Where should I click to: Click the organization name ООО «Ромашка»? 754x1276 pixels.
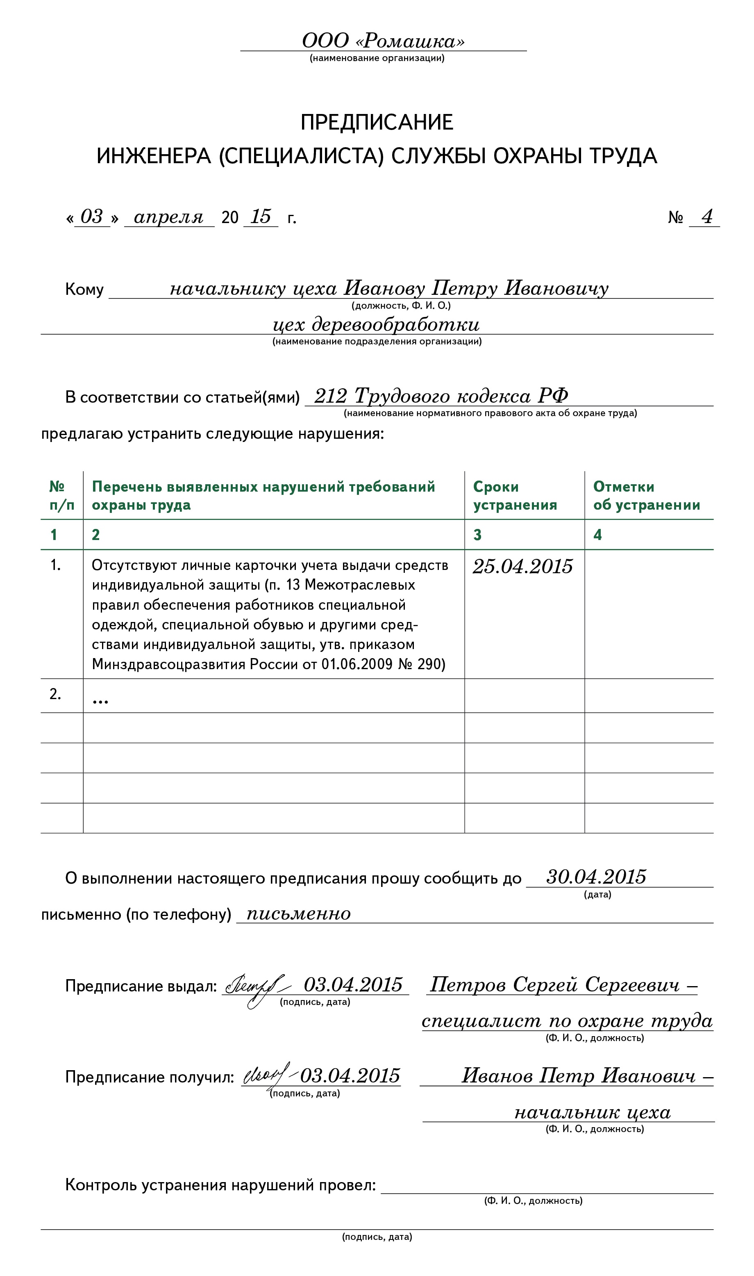(x=383, y=41)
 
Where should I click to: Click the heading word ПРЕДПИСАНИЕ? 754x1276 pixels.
(x=377, y=123)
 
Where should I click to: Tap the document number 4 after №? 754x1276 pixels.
(x=707, y=216)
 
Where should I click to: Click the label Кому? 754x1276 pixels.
(x=84, y=289)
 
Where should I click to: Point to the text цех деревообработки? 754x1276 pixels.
(x=376, y=324)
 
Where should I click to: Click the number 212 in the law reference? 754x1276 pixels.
(x=330, y=396)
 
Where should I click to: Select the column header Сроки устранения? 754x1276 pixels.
(x=515, y=496)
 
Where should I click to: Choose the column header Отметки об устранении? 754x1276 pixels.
(x=646, y=496)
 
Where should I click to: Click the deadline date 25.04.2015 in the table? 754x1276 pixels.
(x=522, y=566)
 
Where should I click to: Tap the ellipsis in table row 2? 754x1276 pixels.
(x=100, y=701)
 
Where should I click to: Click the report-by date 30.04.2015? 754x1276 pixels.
(x=596, y=877)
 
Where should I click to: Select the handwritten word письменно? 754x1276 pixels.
(x=298, y=914)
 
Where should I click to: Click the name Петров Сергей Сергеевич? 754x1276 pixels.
(x=555, y=985)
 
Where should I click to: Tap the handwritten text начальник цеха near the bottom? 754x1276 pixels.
(x=593, y=1113)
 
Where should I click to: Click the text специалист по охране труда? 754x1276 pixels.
(x=567, y=1021)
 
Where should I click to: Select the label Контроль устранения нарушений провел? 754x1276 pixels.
(x=220, y=1185)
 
